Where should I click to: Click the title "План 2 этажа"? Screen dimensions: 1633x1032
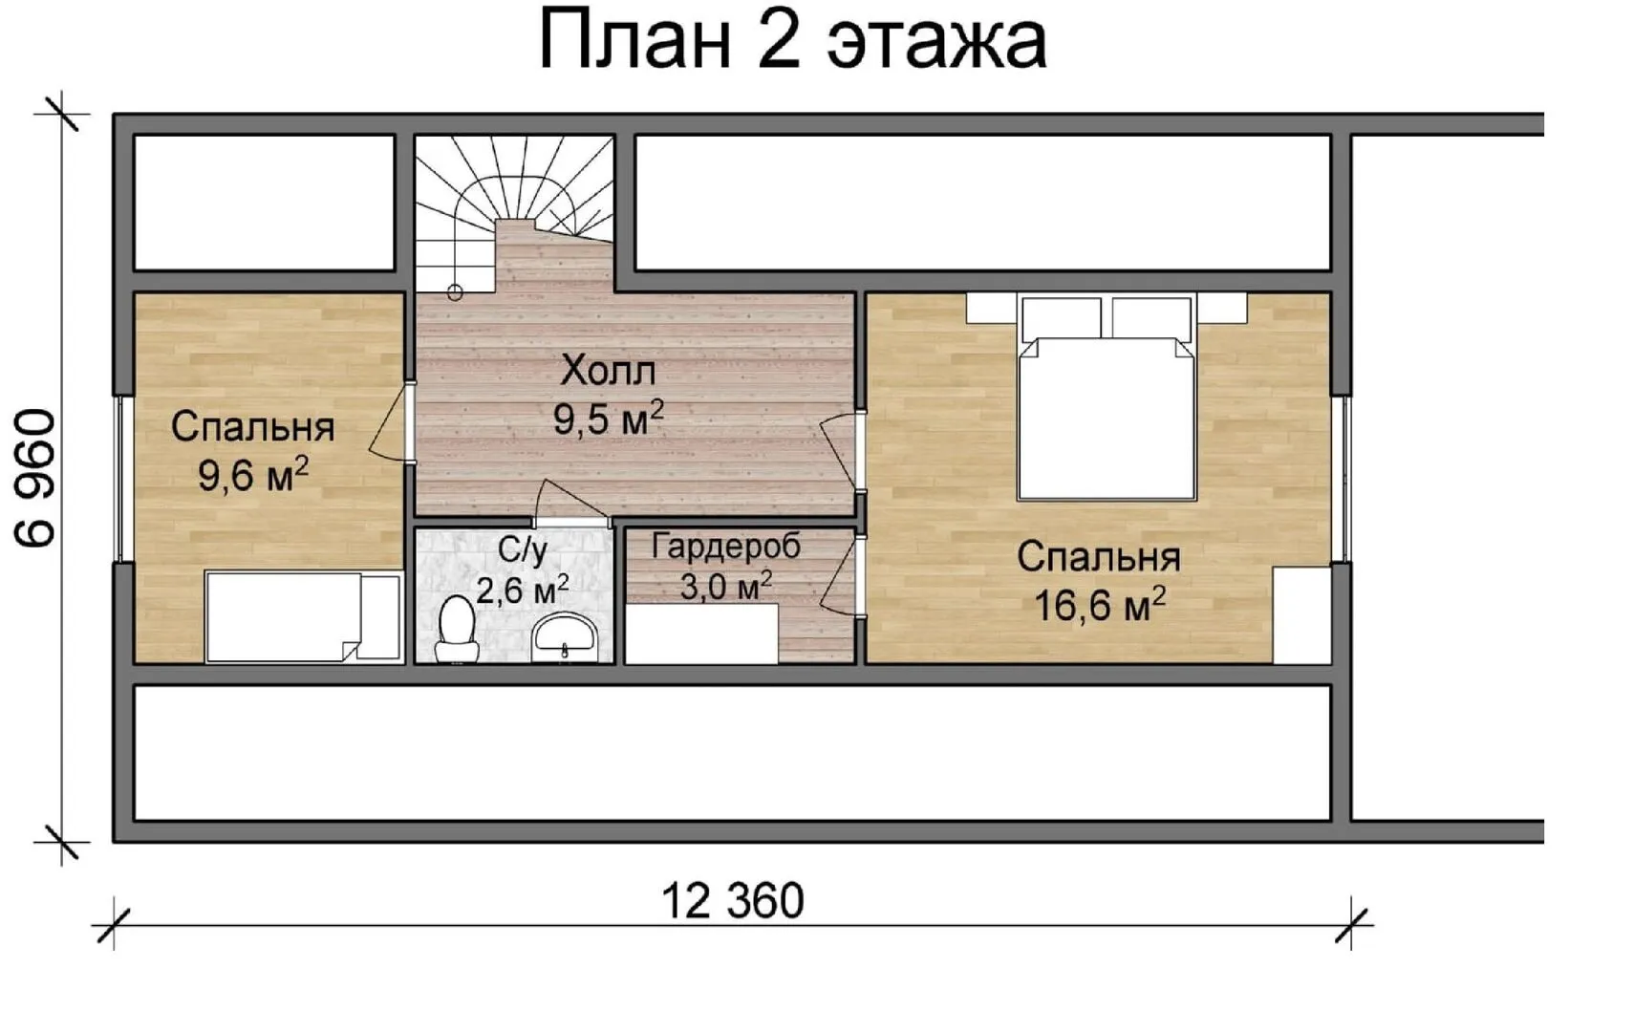point(793,40)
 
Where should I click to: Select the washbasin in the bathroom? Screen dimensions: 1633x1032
point(565,637)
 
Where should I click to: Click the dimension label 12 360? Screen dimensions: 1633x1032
point(733,901)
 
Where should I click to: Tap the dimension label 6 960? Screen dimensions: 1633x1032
point(35,478)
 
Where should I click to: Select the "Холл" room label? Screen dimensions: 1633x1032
point(608,371)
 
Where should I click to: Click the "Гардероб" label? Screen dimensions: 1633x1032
point(726,546)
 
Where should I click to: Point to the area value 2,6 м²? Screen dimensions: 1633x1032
point(522,589)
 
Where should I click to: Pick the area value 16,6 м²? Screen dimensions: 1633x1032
point(1100,605)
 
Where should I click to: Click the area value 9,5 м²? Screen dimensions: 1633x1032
point(609,418)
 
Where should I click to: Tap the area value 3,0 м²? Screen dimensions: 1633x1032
point(726,585)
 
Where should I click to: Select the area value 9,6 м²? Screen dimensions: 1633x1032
point(253,475)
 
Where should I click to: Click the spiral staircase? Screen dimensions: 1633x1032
point(515,211)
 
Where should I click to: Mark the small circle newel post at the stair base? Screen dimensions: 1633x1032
point(455,293)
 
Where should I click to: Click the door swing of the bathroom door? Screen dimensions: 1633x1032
point(570,503)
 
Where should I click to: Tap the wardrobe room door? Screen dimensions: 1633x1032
point(842,577)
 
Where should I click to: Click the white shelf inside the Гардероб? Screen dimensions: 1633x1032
point(702,634)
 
